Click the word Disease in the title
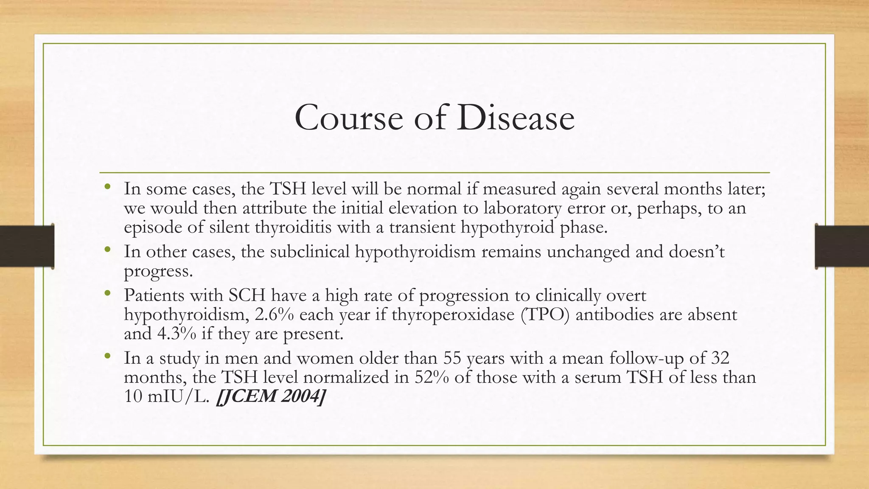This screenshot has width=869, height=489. pyautogui.click(x=516, y=118)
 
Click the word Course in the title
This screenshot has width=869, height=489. pyautogui.click(x=349, y=118)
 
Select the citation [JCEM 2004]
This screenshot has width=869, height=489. pyautogui.click(x=271, y=396)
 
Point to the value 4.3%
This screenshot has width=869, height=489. pyautogui.click(x=177, y=334)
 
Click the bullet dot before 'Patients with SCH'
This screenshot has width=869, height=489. pyautogui.click(x=107, y=293)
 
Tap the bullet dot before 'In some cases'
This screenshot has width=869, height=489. pyautogui.click(x=107, y=186)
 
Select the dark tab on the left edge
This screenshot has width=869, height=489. pyautogui.click(x=27, y=246)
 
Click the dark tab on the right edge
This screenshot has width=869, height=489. pyautogui.click(x=842, y=246)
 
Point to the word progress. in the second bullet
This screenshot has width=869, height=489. pyautogui.click(x=158, y=271)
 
